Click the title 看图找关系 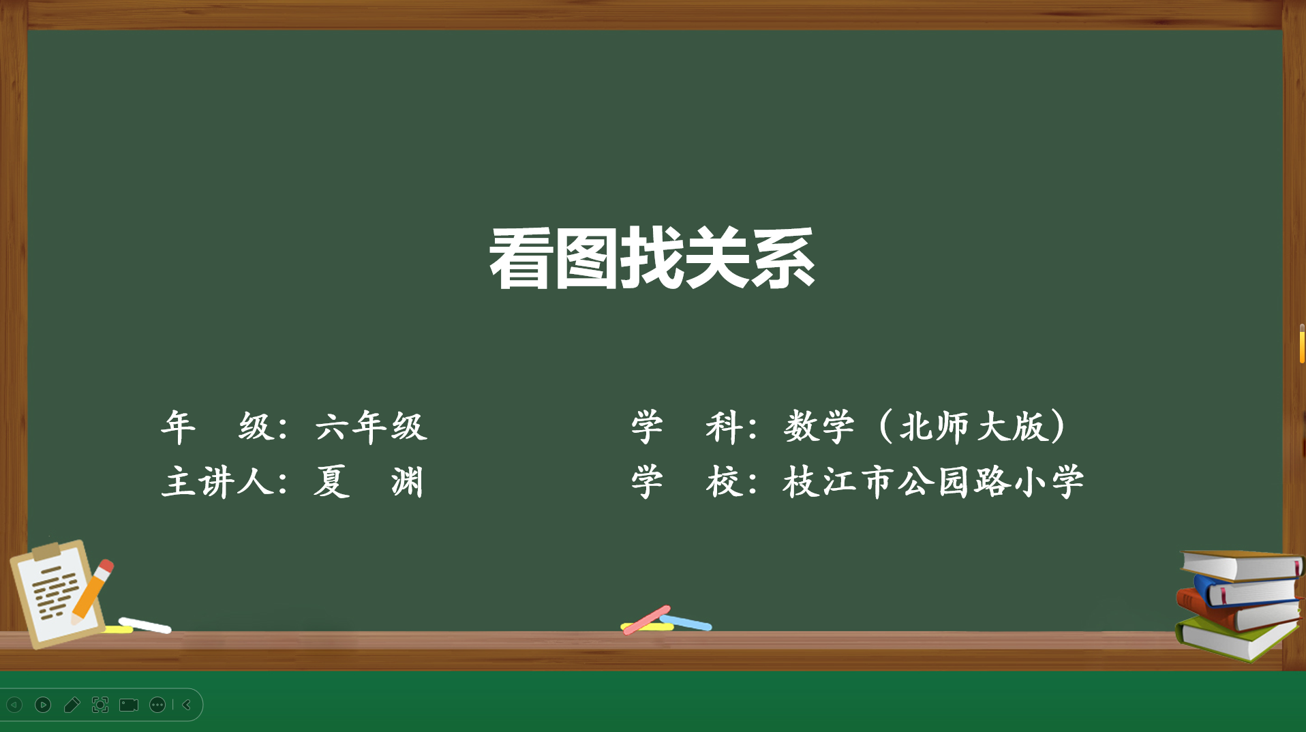pos(652,258)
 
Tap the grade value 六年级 pos(371,427)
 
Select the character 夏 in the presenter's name pos(332,482)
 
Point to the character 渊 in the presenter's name pos(408,482)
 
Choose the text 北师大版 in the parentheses pos(973,427)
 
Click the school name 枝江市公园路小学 pos(933,482)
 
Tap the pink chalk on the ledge pos(646,620)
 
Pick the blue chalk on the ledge pos(686,622)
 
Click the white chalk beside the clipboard pos(145,625)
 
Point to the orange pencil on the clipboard pos(93,590)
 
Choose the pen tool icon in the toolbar pos(72,705)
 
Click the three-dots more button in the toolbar pos(157,705)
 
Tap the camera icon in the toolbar pos(129,705)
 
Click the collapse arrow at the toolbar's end pos(187,705)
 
